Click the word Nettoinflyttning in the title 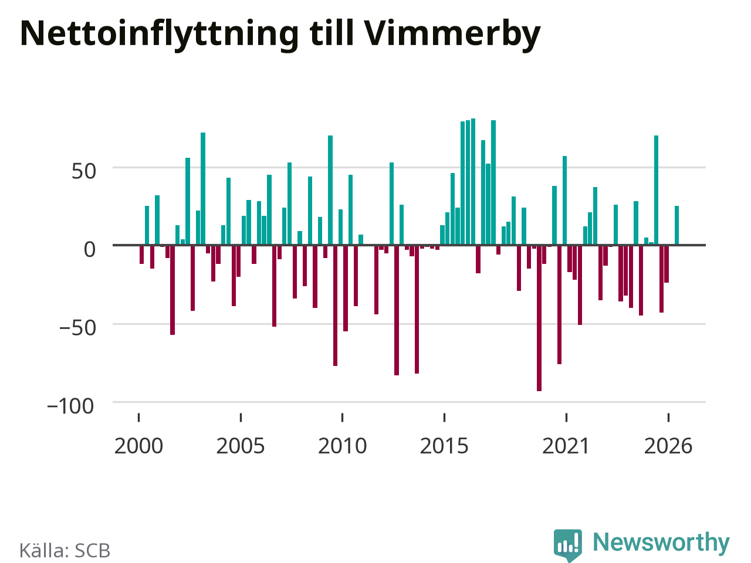click(160, 35)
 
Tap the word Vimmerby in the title click(452, 35)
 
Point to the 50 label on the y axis click(84, 171)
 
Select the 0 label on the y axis click(90, 249)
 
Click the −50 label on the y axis click(77, 328)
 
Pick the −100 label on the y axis click(70, 406)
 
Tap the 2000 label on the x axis click(138, 446)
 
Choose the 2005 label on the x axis click(241, 446)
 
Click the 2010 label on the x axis click(343, 446)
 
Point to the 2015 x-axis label click(444, 446)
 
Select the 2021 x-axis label click(566, 446)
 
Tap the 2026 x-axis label click(668, 446)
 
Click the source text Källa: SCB click(65, 550)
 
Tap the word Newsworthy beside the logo click(661, 542)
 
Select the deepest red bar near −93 click(539, 318)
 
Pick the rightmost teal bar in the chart click(676, 226)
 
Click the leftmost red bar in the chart click(141, 255)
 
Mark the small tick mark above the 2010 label click(343, 418)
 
